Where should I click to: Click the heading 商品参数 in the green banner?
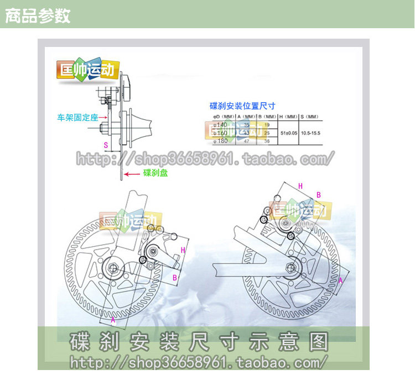[x=38, y=15]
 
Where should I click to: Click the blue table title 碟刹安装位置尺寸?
[x=242, y=105]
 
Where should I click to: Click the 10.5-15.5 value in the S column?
[x=310, y=133]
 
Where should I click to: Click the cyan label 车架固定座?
[x=77, y=117]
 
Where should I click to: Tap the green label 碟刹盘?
[x=155, y=173]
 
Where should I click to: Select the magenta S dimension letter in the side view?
[x=106, y=145]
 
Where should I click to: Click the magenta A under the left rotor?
[x=113, y=319]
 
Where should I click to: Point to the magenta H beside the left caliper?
[x=183, y=250]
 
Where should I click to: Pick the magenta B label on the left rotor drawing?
[x=175, y=277]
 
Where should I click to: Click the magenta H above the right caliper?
[x=300, y=186]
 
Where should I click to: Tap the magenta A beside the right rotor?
[x=340, y=280]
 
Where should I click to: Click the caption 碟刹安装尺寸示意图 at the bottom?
[x=199, y=341]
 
